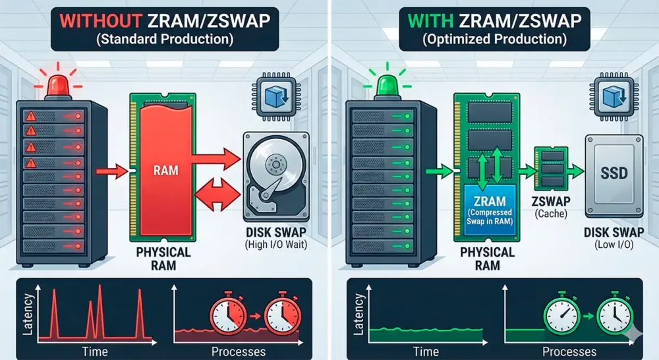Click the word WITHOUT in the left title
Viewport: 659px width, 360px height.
tap(100, 20)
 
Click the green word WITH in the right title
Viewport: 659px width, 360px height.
tap(430, 20)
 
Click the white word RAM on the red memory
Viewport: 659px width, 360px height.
tap(165, 170)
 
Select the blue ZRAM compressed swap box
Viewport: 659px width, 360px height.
tap(490, 210)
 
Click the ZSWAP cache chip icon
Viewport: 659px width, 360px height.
tap(551, 169)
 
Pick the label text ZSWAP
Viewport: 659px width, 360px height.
tap(551, 202)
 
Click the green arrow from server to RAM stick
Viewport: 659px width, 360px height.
tap(440, 171)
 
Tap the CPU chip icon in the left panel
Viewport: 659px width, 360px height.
tap(275, 97)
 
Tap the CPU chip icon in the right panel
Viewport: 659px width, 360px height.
tap(614, 97)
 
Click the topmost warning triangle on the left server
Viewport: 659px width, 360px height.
tap(30, 115)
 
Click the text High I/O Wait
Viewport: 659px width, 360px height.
tap(275, 245)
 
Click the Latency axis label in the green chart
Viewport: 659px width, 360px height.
tap(358, 315)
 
